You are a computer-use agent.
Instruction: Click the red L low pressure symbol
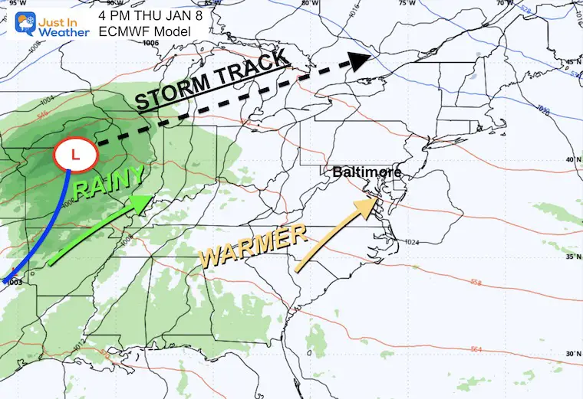tap(74, 155)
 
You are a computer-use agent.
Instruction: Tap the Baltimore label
tap(367, 172)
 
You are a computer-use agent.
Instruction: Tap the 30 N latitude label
tap(571, 354)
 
